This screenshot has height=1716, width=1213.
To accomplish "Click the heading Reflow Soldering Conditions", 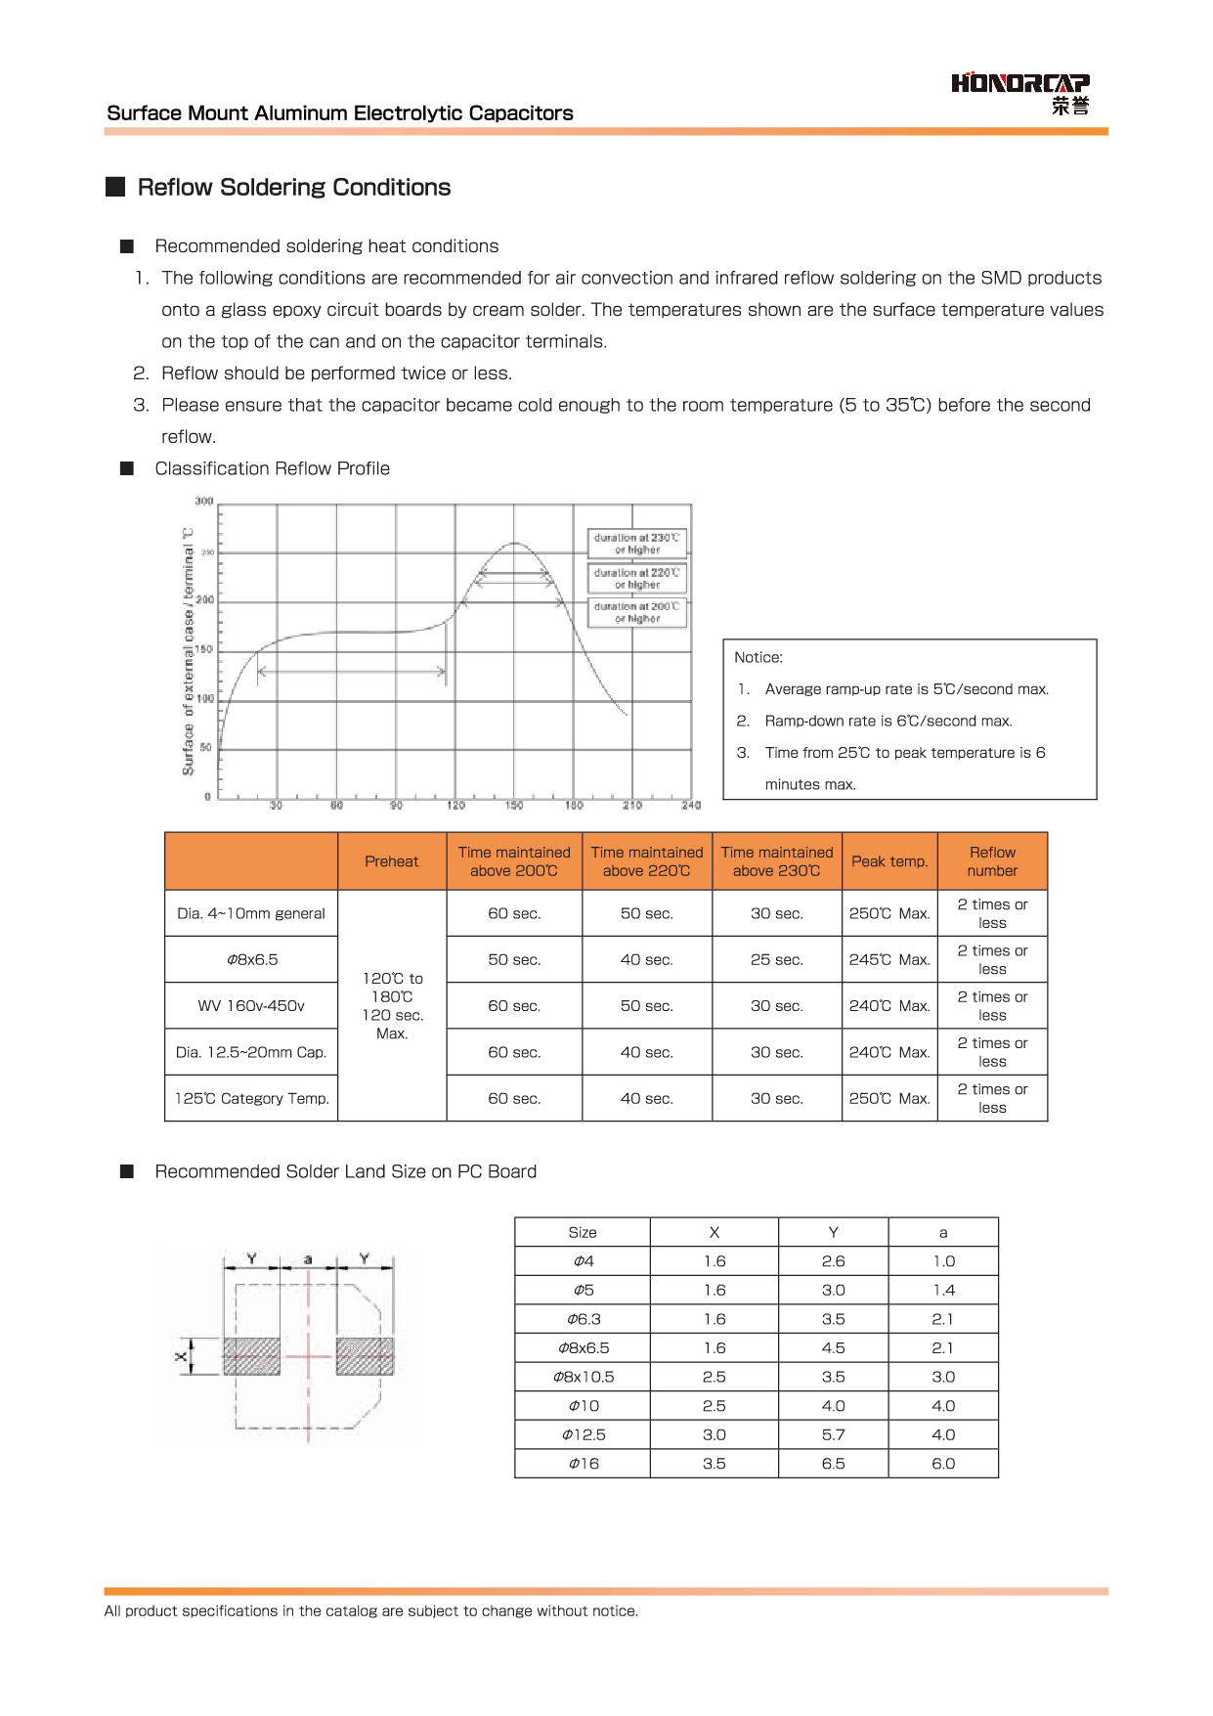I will tap(293, 188).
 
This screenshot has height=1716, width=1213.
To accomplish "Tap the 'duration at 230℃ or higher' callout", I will tap(636, 544).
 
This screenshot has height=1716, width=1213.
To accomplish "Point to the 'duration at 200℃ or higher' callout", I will tap(636, 613).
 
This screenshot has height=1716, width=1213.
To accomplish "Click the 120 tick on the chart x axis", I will tap(455, 806).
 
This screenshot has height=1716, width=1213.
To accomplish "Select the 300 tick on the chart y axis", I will tap(203, 502).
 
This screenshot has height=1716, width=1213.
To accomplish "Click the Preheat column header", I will tap(391, 861).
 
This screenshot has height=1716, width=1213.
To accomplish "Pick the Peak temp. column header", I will tap(888, 861).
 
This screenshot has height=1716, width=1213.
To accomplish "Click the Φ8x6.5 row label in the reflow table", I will tap(252, 960).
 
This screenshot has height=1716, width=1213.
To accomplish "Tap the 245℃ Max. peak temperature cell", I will tap(888, 960).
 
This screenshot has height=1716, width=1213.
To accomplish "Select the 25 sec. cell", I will tap(776, 960).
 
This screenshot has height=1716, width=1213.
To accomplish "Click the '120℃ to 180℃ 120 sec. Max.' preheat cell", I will tap(392, 1005).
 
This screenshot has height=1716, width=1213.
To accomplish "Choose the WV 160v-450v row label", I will tap(251, 1006).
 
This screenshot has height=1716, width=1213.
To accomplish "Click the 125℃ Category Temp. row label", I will tap(251, 1099).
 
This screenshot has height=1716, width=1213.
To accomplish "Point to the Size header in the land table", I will tap(583, 1233).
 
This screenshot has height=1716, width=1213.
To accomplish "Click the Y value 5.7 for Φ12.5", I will tap(833, 1435).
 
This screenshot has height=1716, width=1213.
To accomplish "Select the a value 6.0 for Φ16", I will tap(943, 1464).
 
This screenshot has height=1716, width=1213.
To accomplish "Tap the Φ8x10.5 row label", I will tap(584, 1377).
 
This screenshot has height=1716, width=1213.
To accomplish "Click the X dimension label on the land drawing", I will tap(181, 1356).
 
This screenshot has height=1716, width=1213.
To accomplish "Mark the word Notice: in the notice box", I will tap(758, 658).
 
